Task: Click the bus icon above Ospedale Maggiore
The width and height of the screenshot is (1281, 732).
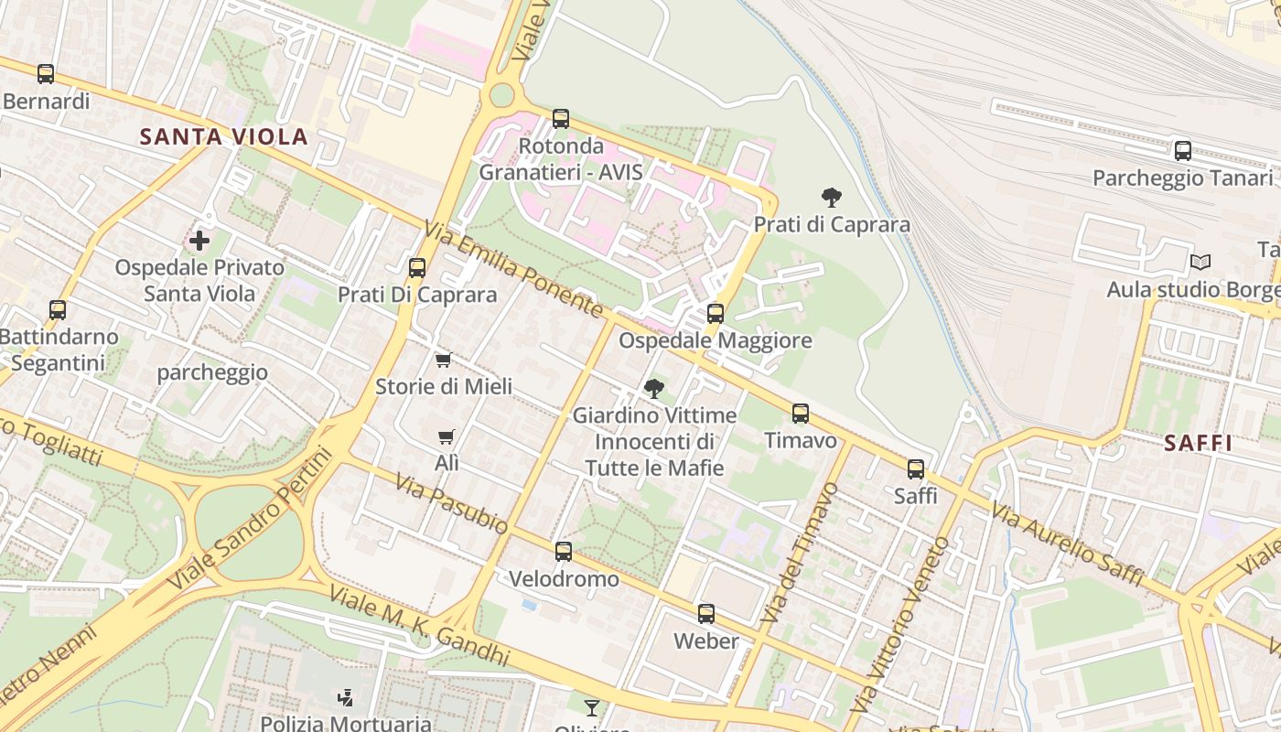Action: (x=716, y=314)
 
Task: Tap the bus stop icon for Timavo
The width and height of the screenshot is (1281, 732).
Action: (x=801, y=414)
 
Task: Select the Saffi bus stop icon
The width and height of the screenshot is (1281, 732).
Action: (x=916, y=469)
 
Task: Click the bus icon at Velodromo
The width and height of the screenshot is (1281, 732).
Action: (x=564, y=552)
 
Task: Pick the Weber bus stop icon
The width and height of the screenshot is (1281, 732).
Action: (x=706, y=614)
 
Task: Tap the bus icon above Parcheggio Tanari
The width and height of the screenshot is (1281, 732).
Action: (x=1183, y=151)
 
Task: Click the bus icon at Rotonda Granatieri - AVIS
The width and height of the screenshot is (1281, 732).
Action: (x=561, y=119)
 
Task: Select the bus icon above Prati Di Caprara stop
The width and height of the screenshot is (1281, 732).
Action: (x=417, y=268)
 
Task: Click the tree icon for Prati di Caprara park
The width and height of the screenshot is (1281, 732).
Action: (x=832, y=197)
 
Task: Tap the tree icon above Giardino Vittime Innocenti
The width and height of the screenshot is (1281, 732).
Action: (x=654, y=389)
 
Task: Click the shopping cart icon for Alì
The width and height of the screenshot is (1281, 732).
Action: (x=447, y=436)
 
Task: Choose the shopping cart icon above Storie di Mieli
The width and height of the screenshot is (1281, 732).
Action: (x=444, y=360)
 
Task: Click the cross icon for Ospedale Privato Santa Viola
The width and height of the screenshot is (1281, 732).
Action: (x=199, y=241)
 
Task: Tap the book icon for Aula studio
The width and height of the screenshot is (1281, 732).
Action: (x=1200, y=263)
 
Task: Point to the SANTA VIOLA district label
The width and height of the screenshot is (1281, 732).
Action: (x=223, y=137)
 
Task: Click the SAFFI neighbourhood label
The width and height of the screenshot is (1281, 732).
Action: (x=1198, y=444)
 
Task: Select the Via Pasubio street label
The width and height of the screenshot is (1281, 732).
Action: (x=451, y=503)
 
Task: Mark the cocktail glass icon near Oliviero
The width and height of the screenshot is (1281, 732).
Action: (x=592, y=707)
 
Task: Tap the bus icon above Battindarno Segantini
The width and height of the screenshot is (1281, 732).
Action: (x=58, y=310)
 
